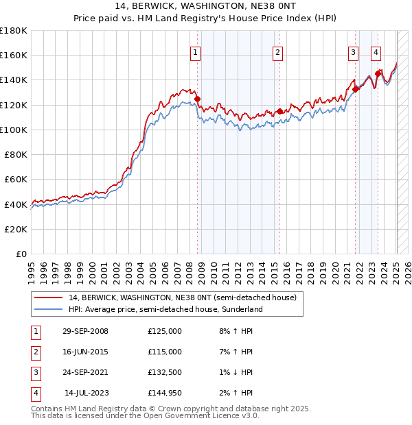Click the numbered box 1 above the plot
196,52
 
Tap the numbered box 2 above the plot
277,52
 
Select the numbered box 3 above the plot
353,52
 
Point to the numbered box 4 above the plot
376,52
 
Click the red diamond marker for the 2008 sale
198,99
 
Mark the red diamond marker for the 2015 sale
279,111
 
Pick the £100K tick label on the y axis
14,130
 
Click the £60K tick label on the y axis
16,179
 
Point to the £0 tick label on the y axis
22,254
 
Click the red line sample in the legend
48,298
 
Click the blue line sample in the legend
48,309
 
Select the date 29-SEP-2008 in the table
85,331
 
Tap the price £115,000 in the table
165,352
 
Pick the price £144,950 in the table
165,393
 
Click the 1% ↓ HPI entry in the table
234,372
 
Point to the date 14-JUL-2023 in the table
86,393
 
